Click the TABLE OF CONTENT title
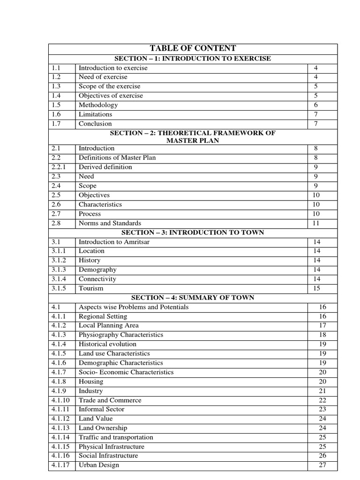[193, 49]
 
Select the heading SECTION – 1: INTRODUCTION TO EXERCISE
[193, 59]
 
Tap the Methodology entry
[98, 105]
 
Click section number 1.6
[56, 114]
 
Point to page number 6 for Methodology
[315, 105]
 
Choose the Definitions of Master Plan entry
[117, 157]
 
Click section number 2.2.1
[59, 167]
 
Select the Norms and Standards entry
[110, 223]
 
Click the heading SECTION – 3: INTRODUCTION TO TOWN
[193, 232]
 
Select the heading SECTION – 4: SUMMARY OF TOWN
[193, 298]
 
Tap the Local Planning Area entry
[108, 325]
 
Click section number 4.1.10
[60, 400]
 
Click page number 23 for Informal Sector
[322, 409]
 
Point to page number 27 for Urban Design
[322, 465]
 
